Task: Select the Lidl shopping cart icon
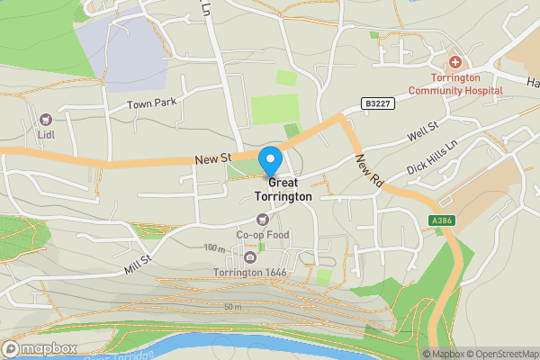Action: click(46, 118)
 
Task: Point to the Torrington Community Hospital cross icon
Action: click(455, 63)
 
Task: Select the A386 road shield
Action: click(442, 220)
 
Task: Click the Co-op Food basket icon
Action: click(262, 219)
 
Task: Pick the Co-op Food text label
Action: click(262, 235)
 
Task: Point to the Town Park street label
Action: click(151, 104)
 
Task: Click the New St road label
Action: click(214, 159)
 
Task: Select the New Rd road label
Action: click(370, 170)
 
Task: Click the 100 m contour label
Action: click(214, 247)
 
